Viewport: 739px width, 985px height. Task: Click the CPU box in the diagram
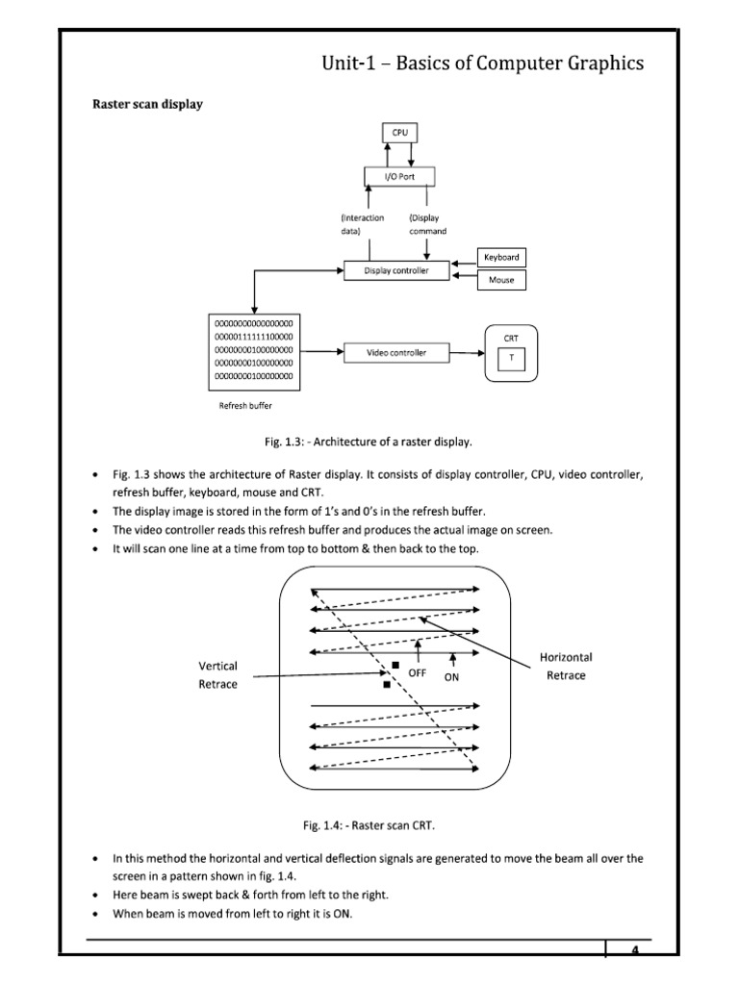[x=400, y=133]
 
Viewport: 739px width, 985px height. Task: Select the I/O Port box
[x=400, y=176]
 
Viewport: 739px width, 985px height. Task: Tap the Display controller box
[x=396, y=271]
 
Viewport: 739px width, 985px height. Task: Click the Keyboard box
[x=501, y=257]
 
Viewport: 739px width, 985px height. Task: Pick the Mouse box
[x=501, y=280]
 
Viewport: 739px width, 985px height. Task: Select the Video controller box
[x=395, y=353]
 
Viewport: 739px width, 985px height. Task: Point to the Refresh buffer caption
[x=246, y=406]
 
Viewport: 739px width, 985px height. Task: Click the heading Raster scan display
[x=147, y=104]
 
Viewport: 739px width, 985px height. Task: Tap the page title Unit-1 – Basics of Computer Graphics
[x=482, y=63]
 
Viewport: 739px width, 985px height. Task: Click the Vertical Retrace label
[x=217, y=674]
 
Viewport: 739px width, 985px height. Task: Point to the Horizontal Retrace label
[x=566, y=666]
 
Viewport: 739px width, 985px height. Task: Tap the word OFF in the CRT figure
[x=417, y=673]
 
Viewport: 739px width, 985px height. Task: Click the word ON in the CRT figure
[x=451, y=677]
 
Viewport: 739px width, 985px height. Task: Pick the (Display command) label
[x=427, y=224]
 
